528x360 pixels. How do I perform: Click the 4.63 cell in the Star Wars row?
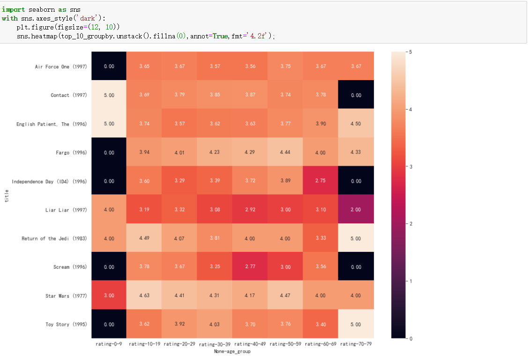point(144,295)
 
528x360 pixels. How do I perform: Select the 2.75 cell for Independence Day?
point(321,181)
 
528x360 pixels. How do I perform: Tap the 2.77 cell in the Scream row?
point(250,266)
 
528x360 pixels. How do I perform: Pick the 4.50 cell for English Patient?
point(356,124)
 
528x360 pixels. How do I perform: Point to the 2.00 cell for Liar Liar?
point(356,209)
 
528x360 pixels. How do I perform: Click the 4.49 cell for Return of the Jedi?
point(144,238)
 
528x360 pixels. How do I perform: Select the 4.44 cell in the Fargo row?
point(285,152)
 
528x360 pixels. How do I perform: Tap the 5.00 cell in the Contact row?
point(109,95)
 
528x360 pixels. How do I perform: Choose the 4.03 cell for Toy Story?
point(215,324)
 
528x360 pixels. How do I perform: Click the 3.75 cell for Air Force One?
point(285,66)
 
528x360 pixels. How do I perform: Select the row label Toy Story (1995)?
point(66,324)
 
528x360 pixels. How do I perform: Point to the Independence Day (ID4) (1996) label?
point(50,181)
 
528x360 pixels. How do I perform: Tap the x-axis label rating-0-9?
point(108,344)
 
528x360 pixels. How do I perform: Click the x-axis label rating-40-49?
point(250,344)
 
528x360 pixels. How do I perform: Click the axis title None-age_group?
point(232,352)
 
